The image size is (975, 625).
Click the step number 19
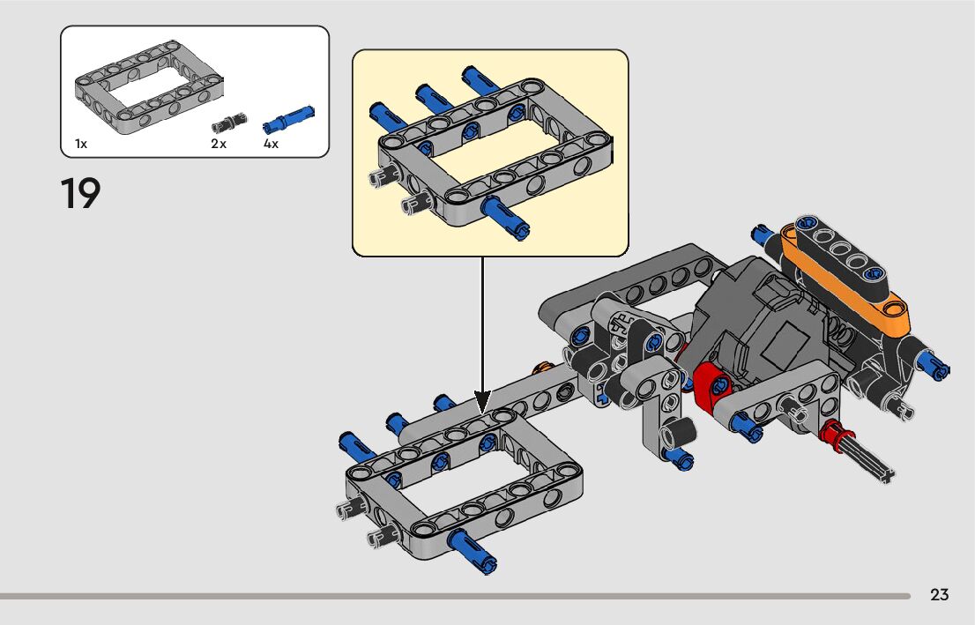(x=80, y=194)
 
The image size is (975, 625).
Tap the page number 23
(x=940, y=595)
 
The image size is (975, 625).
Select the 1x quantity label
(x=81, y=144)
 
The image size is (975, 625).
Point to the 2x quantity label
(x=219, y=144)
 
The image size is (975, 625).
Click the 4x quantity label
(x=272, y=144)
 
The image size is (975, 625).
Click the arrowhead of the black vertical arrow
(x=482, y=401)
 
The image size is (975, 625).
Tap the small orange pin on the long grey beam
(x=545, y=368)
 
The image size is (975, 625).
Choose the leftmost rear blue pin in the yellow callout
(x=384, y=112)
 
